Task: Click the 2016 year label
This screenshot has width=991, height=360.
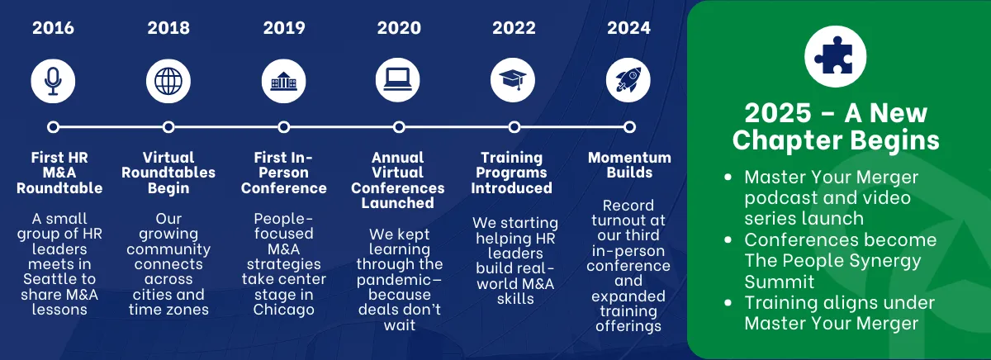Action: tap(53, 28)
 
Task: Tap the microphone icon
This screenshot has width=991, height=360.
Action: tap(53, 81)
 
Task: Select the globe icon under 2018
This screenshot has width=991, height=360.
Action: tap(168, 81)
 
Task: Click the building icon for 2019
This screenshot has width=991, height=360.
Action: tap(283, 81)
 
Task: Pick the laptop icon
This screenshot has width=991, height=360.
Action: tap(398, 80)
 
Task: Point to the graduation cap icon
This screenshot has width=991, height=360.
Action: tap(513, 80)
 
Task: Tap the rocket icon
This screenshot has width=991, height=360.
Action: tap(628, 80)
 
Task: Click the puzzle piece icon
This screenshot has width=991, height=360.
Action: tap(835, 56)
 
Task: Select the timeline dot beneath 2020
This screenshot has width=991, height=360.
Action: tap(399, 127)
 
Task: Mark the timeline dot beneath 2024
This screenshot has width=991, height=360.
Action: tap(629, 127)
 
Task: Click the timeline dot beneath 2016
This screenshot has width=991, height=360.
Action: tap(53, 127)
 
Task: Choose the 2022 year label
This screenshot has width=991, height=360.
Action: tap(514, 28)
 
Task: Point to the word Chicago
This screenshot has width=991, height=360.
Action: tap(283, 310)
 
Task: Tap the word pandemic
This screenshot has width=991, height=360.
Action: tap(394, 281)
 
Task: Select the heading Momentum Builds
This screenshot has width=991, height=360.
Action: tap(629, 165)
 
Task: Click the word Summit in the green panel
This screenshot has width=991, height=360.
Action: tap(779, 282)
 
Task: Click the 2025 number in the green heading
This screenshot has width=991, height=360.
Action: tap(778, 113)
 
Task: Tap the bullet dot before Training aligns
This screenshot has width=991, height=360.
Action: tap(728, 303)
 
